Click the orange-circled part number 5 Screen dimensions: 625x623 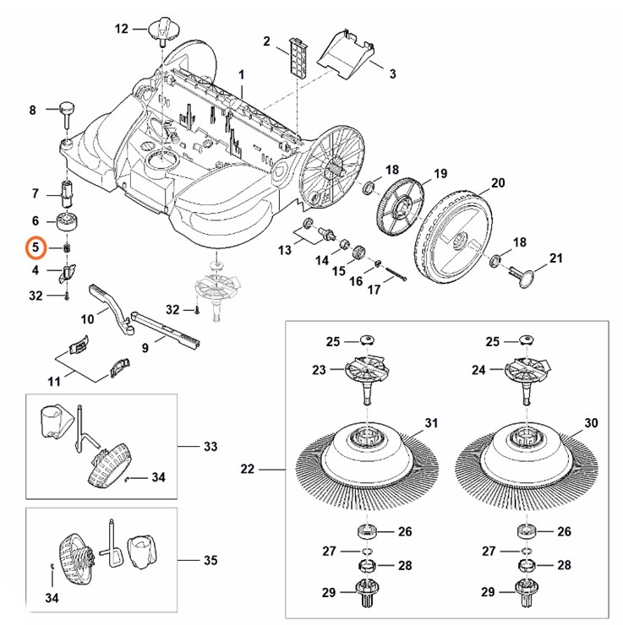coord(35,247)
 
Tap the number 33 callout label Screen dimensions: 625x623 coord(210,446)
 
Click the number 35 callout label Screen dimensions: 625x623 coord(210,560)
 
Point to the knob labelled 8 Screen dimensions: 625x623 coord(67,111)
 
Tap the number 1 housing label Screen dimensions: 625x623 coord(241,74)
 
